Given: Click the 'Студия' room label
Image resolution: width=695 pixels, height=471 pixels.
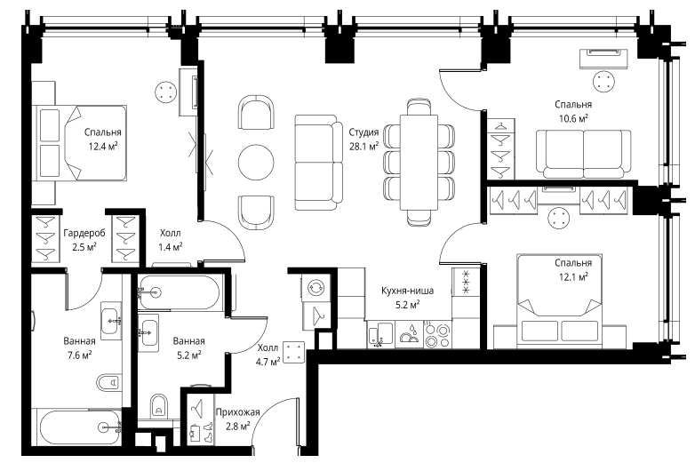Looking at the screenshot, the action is click(363, 132).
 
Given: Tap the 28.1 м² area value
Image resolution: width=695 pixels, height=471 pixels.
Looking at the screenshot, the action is click(363, 147).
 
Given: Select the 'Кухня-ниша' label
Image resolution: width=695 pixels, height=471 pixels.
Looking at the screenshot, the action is click(407, 291).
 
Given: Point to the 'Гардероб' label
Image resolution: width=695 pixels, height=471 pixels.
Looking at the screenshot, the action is click(84, 233).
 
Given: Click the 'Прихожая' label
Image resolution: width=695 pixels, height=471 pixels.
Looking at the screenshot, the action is click(237, 412).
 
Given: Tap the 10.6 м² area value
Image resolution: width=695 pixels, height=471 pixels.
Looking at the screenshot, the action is click(573, 119).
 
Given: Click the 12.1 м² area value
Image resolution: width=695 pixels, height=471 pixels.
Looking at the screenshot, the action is click(573, 277).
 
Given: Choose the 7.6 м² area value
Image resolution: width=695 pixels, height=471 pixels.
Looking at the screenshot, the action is click(79, 355).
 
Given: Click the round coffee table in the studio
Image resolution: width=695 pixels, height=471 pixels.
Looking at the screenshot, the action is click(256, 162).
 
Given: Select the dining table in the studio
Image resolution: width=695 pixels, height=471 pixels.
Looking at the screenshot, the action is click(419, 162).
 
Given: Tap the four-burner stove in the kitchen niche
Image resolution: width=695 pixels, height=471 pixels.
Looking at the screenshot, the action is click(437, 334).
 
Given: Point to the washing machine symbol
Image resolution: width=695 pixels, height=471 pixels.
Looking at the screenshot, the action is click(316, 287).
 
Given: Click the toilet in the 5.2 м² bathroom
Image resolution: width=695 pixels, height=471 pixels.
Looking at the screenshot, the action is click(159, 406).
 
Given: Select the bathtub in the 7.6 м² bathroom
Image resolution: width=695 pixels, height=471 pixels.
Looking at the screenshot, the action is click(79, 427).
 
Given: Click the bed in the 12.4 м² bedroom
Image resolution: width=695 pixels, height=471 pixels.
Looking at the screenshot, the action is click(80, 143).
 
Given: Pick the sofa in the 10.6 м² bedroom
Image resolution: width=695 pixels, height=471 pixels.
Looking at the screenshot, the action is click(583, 155).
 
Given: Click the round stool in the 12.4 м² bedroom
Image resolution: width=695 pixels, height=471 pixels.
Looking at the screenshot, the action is click(166, 92).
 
